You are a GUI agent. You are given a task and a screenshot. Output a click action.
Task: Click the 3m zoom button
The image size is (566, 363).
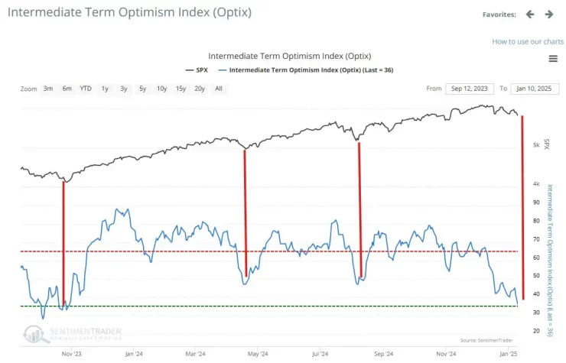coord(48,89)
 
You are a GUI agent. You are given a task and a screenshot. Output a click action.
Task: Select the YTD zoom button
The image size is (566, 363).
coord(86,89)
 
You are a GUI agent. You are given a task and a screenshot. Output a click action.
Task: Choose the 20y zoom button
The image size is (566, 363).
coord(200,89)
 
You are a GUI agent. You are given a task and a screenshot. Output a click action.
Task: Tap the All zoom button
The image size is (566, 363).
coord(219,89)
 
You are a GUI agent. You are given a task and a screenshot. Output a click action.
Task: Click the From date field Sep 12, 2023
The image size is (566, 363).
coord(470,89)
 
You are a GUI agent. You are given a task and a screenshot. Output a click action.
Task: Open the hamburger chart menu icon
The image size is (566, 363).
coord(553,59)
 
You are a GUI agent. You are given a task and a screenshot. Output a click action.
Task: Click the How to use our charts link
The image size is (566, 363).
coord(528,41)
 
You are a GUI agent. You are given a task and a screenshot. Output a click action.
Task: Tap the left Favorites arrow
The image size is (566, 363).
coord(531,14)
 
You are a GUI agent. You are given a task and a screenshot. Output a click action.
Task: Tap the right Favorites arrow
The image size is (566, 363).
coord(549,14)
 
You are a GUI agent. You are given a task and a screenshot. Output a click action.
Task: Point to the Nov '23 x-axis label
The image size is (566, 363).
coord(71,353)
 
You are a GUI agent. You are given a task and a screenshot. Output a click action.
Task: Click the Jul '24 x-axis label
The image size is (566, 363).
coord(320,353)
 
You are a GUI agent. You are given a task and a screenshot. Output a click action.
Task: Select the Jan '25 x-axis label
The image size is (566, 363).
coord(509,353)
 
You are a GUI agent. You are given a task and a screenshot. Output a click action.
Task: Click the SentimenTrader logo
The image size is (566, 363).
coord(73,333)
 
